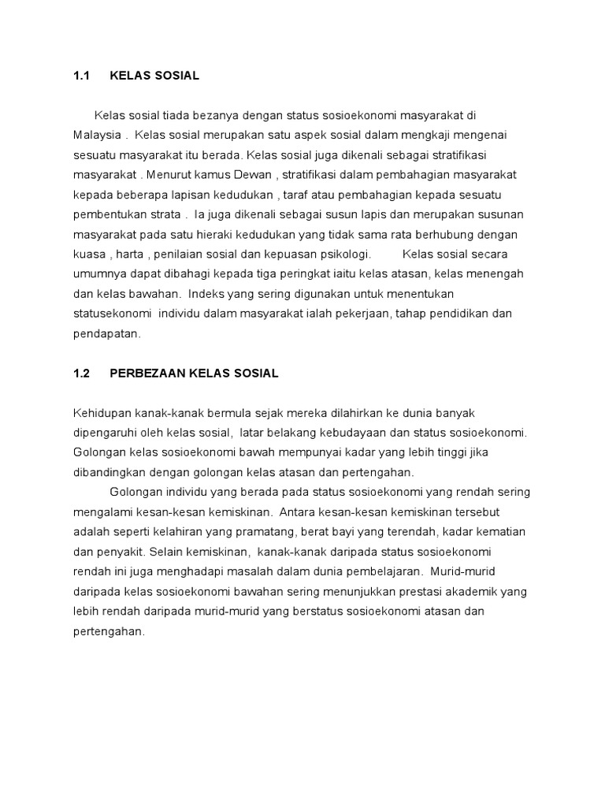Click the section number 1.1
pyautogui.click(x=82, y=76)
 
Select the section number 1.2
pyautogui.click(x=82, y=374)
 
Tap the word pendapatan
pyautogui.click(x=106, y=334)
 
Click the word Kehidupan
pyautogui.click(x=101, y=413)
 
